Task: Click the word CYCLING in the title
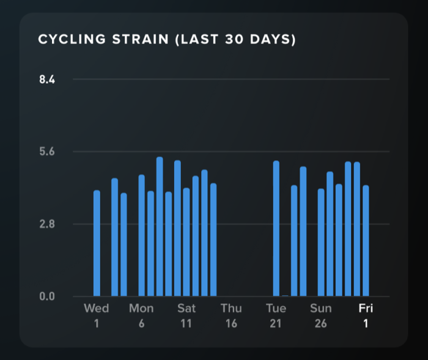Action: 72,39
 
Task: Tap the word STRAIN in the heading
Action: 141,39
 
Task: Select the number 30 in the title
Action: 234,39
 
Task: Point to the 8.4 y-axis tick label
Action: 47,79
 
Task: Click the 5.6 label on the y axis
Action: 47,152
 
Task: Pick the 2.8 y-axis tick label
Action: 47,224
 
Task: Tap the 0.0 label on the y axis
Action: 47,296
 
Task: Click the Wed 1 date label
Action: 97,316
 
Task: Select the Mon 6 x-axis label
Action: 141,316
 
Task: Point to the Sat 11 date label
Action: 186,316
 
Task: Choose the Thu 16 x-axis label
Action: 231,316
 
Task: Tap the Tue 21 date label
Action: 276,316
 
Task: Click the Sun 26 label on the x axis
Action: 321,316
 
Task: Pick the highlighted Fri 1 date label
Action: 366,316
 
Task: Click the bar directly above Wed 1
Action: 97,243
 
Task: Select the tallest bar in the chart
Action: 160,227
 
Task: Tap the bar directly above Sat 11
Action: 186,242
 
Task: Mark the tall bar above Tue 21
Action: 276,229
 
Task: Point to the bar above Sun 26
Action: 321,243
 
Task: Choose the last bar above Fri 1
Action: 366,241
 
